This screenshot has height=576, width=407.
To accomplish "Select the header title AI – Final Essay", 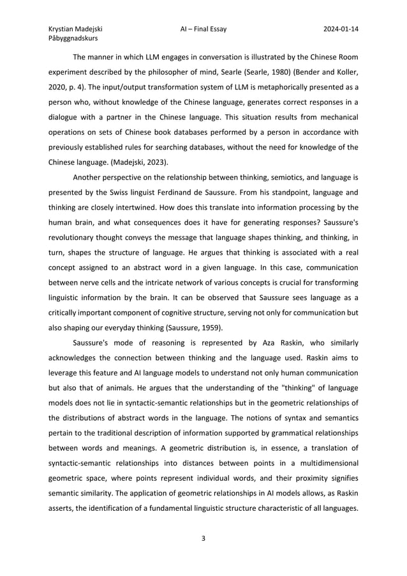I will click(203, 29).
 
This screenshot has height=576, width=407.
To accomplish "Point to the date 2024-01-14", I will click(340, 29).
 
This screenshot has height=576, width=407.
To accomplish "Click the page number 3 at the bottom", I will click(203, 538).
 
